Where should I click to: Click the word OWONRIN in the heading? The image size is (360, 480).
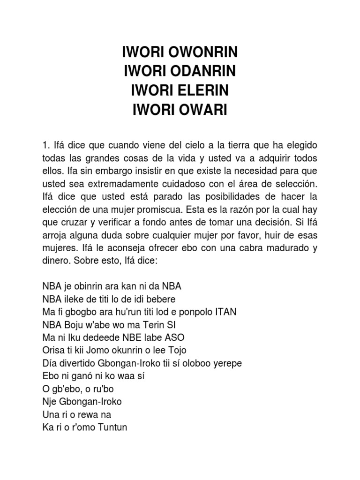click(x=205, y=52)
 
